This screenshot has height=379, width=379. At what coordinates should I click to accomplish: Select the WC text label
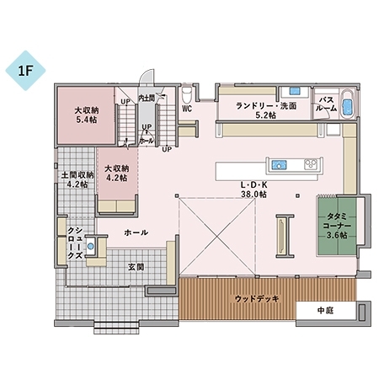tap(186, 109)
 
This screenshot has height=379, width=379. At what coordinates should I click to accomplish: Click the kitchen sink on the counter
tap(278, 163)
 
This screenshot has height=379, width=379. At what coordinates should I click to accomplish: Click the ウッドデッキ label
tap(257, 299)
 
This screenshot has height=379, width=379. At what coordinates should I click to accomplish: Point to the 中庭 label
tap(326, 310)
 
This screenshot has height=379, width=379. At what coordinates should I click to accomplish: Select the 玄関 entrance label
tap(136, 266)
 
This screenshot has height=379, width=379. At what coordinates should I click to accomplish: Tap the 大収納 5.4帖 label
tap(85, 115)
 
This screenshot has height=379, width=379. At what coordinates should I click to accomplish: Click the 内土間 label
tap(146, 99)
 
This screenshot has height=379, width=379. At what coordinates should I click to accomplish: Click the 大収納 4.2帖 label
tap(115, 173)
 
